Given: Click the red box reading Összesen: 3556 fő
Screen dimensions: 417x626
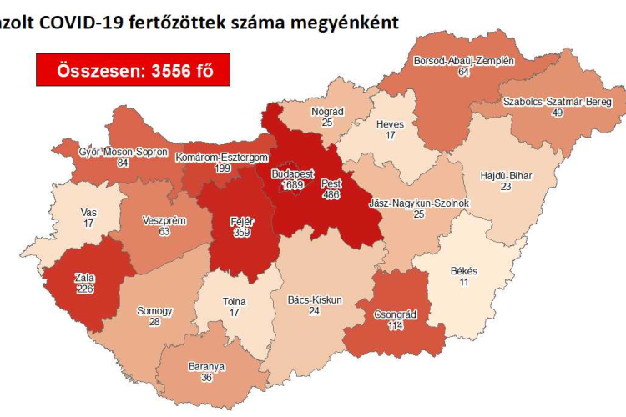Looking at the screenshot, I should tap(133, 70).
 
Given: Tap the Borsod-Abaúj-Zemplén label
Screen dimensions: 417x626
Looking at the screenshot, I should tap(464, 61).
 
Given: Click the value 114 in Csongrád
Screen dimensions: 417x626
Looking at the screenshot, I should tap(385, 326).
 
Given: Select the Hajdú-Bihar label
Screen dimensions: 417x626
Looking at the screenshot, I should tap(507, 176).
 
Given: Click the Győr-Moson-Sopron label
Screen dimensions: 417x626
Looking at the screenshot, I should tap(124, 153).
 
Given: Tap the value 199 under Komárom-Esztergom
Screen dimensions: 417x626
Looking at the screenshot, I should tap(222, 168).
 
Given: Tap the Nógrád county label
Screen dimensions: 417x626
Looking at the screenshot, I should tap(328, 111).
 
